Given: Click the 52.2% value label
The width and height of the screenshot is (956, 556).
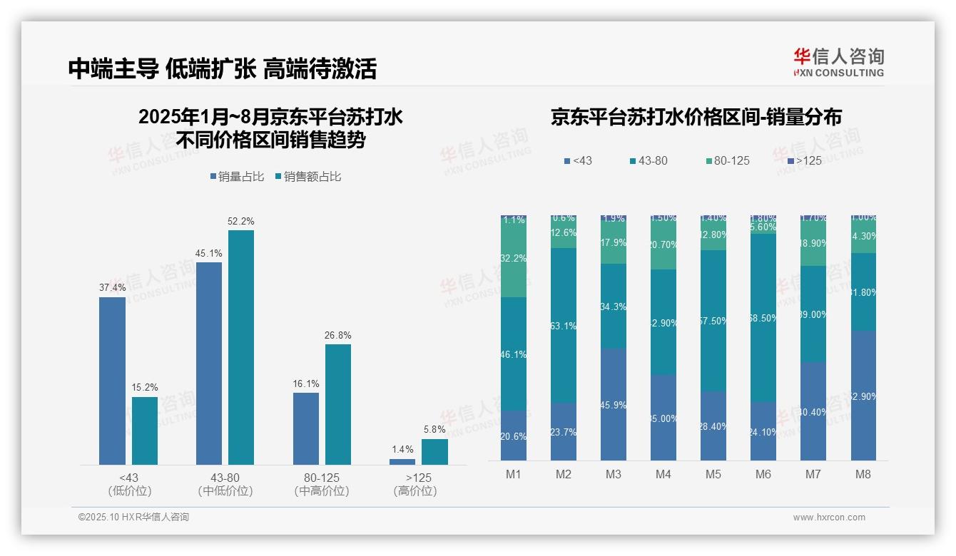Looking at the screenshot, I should (x=241, y=222).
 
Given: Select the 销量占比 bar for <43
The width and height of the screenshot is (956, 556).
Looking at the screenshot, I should (x=112, y=381).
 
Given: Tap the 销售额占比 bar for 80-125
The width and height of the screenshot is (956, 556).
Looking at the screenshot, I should (x=338, y=404).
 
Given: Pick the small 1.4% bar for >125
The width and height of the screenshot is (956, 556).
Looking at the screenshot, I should (x=402, y=462).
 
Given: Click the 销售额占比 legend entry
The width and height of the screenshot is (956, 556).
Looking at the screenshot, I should (x=307, y=177).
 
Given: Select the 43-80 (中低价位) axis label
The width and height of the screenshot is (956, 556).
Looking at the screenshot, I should (x=225, y=484).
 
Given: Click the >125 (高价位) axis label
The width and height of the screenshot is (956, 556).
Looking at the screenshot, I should (x=415, y=484).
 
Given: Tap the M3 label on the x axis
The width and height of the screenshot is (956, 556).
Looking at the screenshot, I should (x=614, y=474).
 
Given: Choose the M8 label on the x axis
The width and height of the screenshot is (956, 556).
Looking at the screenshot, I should (x=863, y=474).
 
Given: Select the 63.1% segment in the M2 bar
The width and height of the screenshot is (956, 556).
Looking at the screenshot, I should (x=564, y=326).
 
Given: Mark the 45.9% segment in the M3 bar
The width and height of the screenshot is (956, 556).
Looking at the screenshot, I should (x=614, y=404).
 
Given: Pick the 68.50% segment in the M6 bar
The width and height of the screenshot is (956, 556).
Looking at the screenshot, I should (x=763, y=318).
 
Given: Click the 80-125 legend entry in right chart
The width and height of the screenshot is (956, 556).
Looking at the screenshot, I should (x=727, y=161).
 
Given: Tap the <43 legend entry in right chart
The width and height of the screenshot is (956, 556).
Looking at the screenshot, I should (x=578, y=161).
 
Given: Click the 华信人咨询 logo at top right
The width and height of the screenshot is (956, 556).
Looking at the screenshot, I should (x=838, y=62).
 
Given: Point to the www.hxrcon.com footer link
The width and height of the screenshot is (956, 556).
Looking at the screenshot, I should (x=829, y=518).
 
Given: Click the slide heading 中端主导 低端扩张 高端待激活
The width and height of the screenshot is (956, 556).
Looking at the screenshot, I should (x=223, y=68).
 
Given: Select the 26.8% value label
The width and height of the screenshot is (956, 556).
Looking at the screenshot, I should (x=338, y=336).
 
